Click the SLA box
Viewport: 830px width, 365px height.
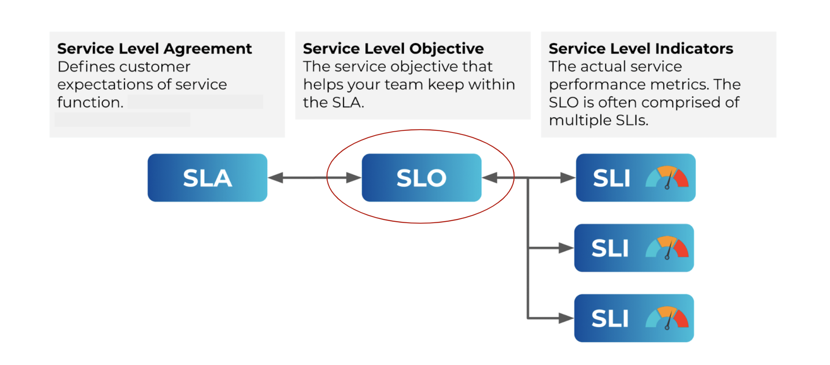(207, 177)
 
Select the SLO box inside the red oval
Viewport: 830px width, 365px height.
(421, 177)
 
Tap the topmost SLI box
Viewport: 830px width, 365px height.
(635, 177)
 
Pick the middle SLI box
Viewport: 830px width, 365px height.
(634, 248)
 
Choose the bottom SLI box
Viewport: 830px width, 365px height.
(634, 318)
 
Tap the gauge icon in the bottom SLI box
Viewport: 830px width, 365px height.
(667, 318)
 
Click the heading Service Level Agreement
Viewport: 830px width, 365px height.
(155, 49)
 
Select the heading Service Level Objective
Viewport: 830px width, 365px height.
(393, 49)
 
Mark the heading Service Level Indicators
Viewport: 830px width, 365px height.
(641, 49)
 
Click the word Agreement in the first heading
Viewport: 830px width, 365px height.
(207, 49)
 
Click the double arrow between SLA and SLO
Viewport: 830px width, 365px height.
(314, 178)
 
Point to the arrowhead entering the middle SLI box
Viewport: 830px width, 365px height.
(566, 248)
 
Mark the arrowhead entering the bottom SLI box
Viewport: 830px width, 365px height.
(566, 318)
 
